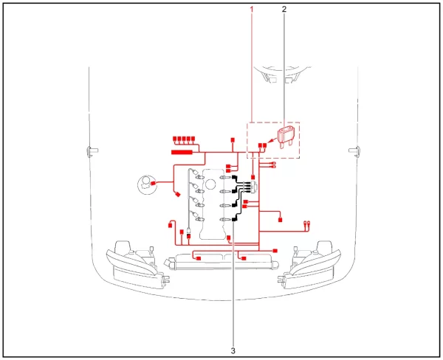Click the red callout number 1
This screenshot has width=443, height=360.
(x=252, y=10)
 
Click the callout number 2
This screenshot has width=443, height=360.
(x=284, y=10)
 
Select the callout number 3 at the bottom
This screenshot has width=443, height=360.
(x=233, y=350)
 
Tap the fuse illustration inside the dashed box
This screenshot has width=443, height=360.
(x=286, y=137)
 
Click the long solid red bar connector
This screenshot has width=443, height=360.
(x=182, y=153)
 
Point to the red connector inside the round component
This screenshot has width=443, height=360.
(x=153, y=183)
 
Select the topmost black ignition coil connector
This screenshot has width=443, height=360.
(x=234, y=177)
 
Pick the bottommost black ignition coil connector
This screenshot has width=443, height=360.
(x=234, y=219)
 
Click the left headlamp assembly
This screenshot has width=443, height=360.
(x=136, y=265)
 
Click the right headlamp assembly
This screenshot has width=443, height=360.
(x=309, y=265)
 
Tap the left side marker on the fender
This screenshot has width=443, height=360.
(x=92, y=151)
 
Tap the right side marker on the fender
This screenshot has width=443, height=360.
(x=355, y=151)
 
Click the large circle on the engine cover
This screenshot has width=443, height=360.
(x=210, y=184)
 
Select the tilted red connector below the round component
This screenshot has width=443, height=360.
(x=178, y=194)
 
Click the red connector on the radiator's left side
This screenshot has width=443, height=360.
(x=199, y=258)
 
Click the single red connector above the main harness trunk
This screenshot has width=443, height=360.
(x=233, y=140)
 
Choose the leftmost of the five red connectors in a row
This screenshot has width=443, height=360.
(x=174, y=139)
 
